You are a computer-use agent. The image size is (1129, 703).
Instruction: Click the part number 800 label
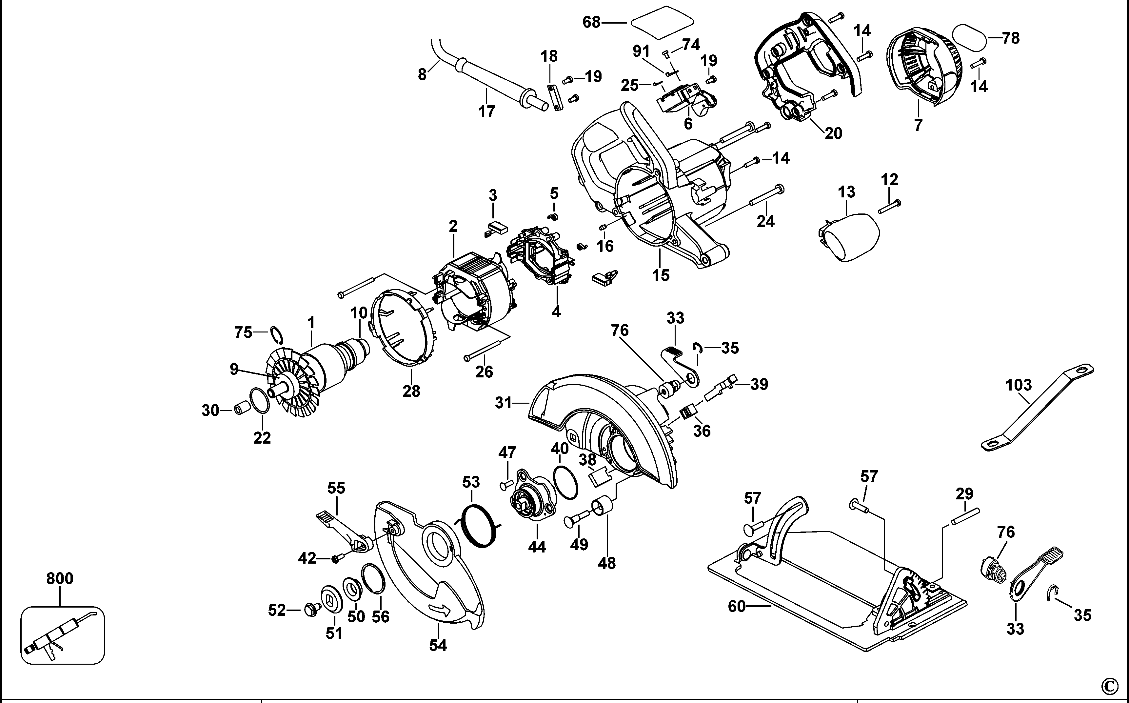point(60,579)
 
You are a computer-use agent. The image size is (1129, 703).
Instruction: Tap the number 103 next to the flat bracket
point(1019,385)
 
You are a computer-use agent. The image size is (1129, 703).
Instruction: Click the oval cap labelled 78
point(969,38)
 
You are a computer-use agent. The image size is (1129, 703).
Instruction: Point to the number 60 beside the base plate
point(736,607)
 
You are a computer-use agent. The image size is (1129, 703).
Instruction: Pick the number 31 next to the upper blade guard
point(504,403)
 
